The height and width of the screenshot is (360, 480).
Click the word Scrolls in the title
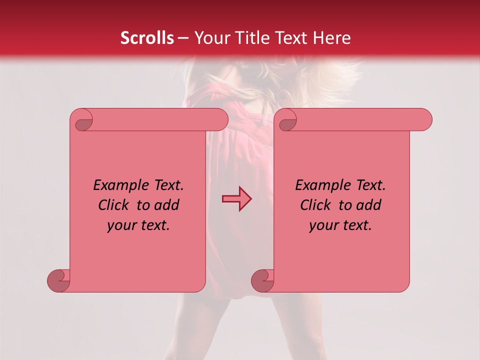[147, 38]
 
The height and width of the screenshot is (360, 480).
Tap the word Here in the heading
[331, 38]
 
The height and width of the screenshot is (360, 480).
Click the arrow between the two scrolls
[236, 199]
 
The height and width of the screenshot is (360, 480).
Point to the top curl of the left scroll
[83, 120]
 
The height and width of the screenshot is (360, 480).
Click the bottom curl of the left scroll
[59, 280]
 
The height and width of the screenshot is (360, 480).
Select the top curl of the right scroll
[287, 120]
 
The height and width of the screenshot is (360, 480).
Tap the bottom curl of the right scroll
[263, 280]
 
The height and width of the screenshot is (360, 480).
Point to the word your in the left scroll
[121, 225]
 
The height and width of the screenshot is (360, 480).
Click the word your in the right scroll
[323, 225]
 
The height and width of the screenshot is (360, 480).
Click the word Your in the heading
[209, 38]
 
